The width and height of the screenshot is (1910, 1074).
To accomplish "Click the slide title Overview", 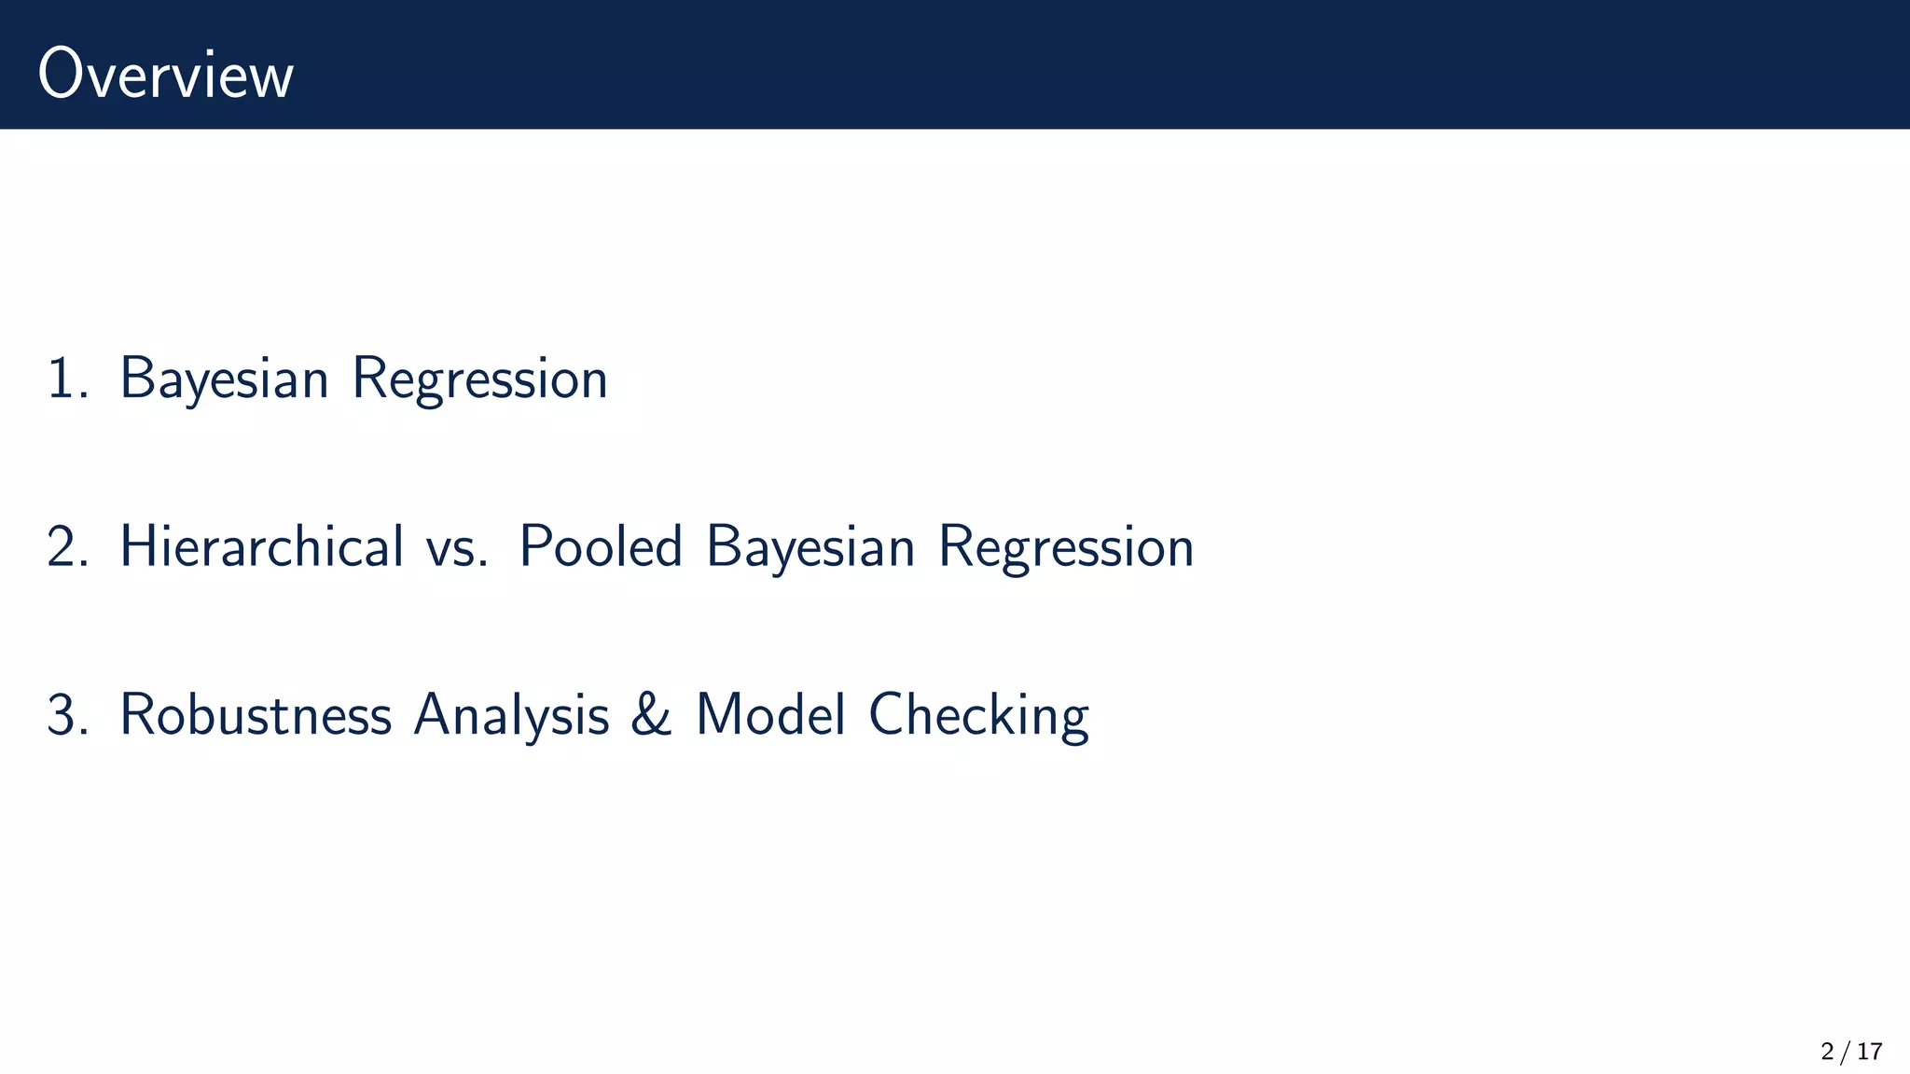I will tap(166, 75).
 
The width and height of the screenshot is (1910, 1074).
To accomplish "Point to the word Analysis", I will tap(511, 715).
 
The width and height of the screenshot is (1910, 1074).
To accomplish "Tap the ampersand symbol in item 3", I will tap(651, 715).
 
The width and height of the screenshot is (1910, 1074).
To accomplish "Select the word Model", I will tap(771, 715).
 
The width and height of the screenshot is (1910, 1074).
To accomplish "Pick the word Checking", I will tap(978, 715).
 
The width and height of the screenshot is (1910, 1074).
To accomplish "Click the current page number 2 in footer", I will tap(1828, 1052).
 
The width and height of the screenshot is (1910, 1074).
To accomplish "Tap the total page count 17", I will tap(1869, 1052).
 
